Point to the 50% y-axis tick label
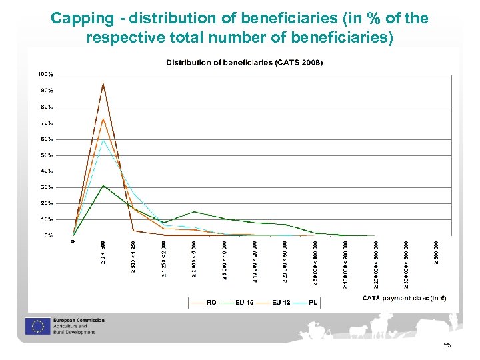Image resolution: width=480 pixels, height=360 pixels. (47, 155)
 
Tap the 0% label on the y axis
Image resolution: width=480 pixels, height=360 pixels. (49, 235)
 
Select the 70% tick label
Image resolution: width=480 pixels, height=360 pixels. (47, 123)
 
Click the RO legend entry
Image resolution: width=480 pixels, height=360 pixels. (211, 302)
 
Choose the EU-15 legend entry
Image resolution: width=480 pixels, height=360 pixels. (245, 302)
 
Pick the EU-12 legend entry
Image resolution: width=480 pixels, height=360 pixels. (281, 302)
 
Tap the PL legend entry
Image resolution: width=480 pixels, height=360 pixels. (313, 302)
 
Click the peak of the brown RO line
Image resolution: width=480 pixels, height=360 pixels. (103, 84)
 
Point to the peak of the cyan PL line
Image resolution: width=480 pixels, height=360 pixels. (103, 139)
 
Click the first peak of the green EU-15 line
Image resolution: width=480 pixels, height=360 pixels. (103, 185)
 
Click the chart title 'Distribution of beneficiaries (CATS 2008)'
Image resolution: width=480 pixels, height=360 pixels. (244, 63)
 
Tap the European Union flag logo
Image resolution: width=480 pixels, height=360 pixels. (35, 326)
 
